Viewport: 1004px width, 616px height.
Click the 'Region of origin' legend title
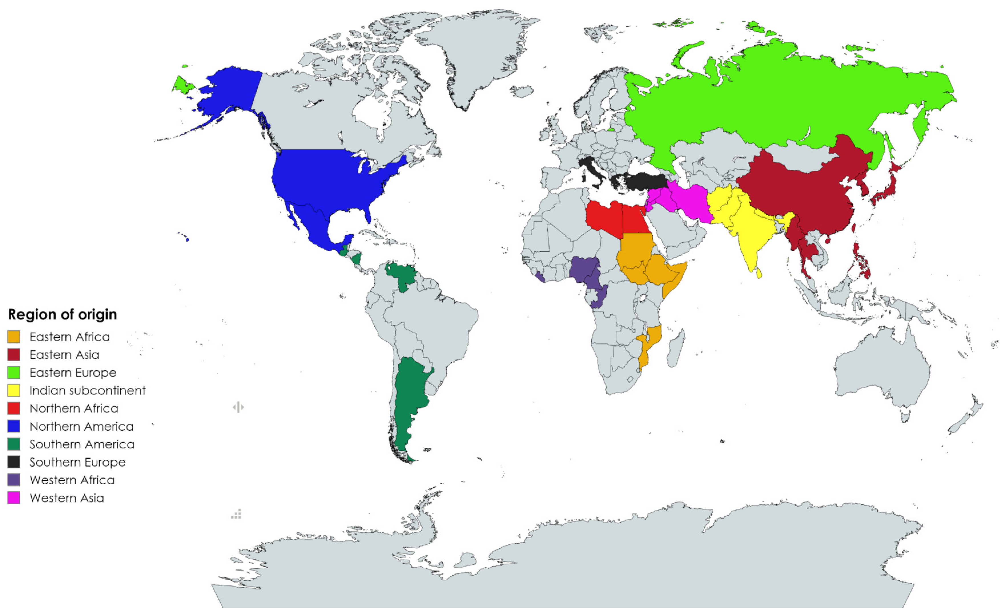[62, 314]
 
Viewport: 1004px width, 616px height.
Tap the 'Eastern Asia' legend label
[65, 355]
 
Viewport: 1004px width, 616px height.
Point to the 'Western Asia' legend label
[67, 498]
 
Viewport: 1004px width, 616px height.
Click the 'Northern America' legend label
[81, 426]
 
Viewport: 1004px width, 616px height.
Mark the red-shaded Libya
[604, 218]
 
